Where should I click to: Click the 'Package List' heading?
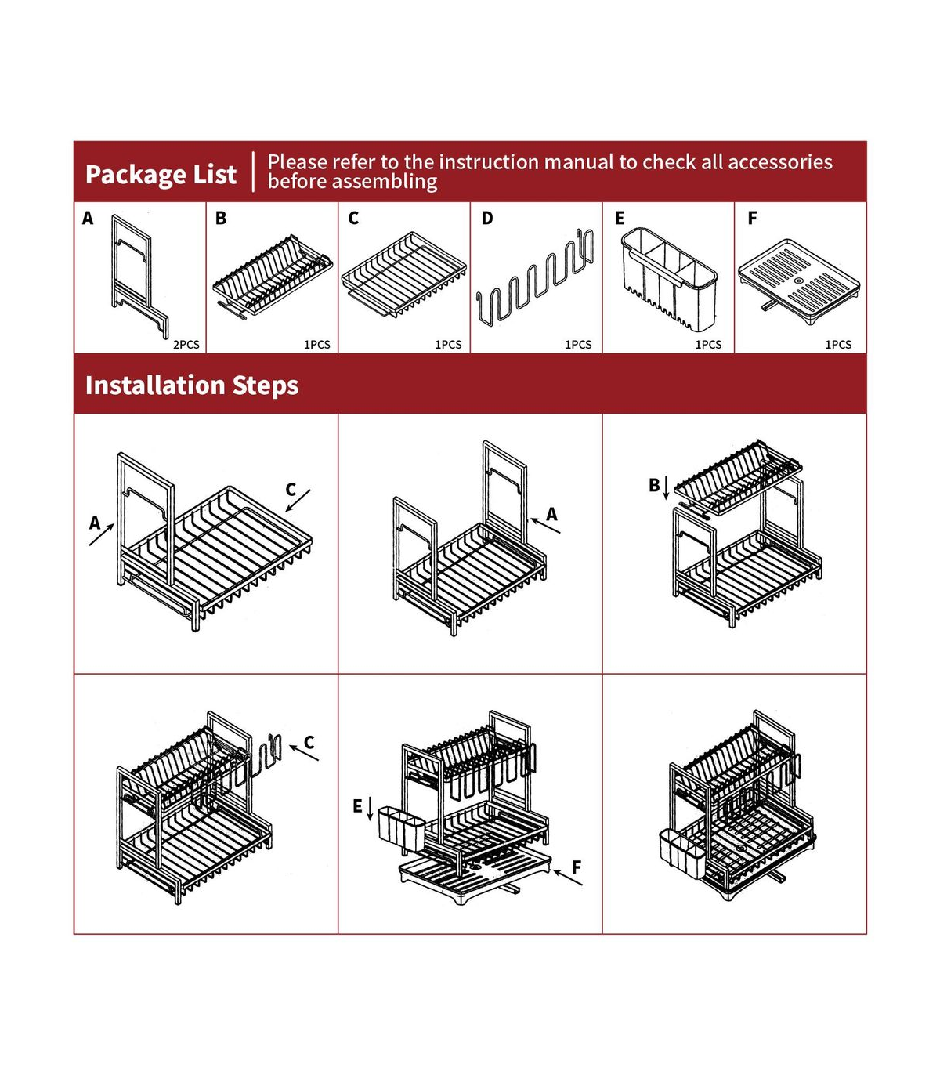tap(161, 175)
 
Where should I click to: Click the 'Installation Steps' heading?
tap(192, 385)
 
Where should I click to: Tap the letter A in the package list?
tap(88, 218)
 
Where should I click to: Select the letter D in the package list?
tap(486, 218)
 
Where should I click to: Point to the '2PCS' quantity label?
tap(186, 345)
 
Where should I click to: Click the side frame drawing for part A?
tap(139, 276)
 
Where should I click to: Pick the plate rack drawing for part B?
tap(272, 277)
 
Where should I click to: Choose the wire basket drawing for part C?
tap(403, 274)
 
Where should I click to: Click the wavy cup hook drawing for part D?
tap(534, 275)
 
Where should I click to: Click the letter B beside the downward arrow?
tap(654, 485)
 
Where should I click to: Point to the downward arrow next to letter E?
tap(370, 809)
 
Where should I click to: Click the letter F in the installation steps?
tap(576, 867)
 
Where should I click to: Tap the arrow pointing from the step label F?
tap(567, 878)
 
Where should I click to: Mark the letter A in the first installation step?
tap(95, 523)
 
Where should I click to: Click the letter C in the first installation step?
tap(291, 490)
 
